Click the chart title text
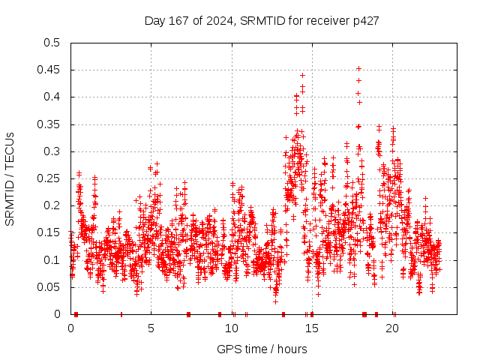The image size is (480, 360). pos(261,20)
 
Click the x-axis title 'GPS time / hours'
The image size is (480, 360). pos(262,349)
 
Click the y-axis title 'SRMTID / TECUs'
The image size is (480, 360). pos(10,178)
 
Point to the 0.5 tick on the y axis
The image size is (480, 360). pos(52,43)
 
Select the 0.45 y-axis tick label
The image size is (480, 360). pos(49,70)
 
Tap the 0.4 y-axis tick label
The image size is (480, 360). pos(52,97)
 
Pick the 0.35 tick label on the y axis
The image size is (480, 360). pos(49,124)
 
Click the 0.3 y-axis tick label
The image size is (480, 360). pos(52,151)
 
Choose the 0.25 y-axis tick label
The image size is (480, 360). pos(49,178)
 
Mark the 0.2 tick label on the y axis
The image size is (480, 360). pos(52,205)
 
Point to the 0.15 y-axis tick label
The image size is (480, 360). pos(49,232)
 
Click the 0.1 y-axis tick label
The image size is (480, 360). pos(52,259)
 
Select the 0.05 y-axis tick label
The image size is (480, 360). pos(49,287)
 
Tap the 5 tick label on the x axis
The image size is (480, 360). pos(151,328)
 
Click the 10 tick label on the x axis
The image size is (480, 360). pos(232,328)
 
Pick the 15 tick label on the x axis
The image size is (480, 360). pos(312,328)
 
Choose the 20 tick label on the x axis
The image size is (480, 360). pos(393,328)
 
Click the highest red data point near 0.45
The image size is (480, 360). pos(358,69)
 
